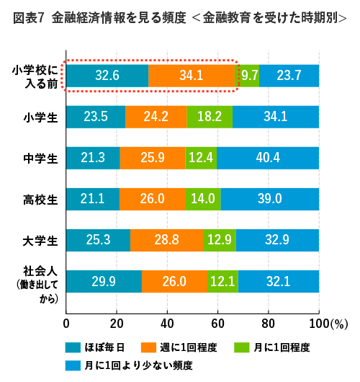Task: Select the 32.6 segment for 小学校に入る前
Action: [x=107, y=75]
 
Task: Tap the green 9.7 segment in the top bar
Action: [x=250, y=75]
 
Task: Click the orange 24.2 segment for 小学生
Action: [x=156, y=116]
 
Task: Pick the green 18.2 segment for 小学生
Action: [x=210, y=116]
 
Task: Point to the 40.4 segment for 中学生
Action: [x=268, y=157]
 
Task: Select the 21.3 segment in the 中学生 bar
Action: [x=93, y=157]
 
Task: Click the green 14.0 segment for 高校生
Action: [x=203, y=198]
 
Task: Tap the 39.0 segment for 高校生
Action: [x=269, y=198]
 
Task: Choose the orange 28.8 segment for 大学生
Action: [x=166, y=239]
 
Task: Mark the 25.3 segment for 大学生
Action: [x=98, y=239]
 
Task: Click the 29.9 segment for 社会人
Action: [x=104, y=281]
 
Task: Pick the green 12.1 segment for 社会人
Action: [x=222, y=281]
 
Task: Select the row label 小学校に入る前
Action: [x=34, y=76]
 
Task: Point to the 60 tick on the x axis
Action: [x=218, y=323]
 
